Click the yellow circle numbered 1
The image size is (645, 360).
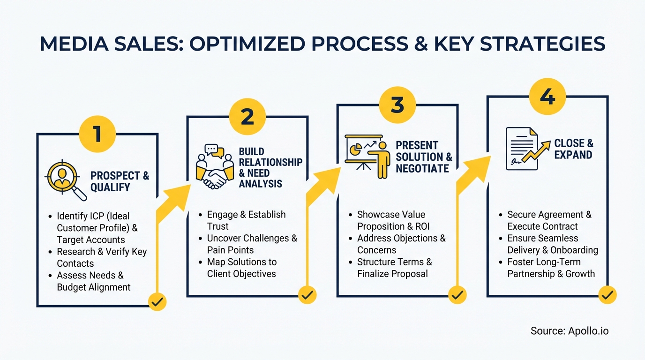tap(97, 133)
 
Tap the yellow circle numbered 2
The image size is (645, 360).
tap(247, 116)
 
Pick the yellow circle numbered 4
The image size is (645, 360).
tap(547, 96)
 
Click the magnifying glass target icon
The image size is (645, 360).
tap(65, 180)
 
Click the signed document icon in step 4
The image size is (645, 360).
tap(520, 148)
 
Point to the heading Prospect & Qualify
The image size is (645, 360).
tap(120, 181)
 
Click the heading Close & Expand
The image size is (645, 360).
tap(573, 149)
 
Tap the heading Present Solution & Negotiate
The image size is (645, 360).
tap(424, 157)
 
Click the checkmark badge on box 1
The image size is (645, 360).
tap(157, 302)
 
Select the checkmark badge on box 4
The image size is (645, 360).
tap(607, 295)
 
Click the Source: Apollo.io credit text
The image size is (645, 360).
tap(569, 331)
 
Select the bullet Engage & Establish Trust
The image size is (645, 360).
tap(246, 220)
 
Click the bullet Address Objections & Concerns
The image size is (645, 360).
tap(401, 244)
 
